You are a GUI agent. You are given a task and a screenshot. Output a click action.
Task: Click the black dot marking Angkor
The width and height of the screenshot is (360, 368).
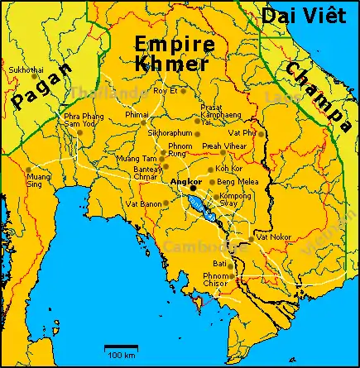193,187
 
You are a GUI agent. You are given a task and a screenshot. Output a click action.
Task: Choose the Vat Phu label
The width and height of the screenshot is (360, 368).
242,132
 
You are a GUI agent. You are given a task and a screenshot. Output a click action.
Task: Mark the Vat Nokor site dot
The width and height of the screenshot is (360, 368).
251,239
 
